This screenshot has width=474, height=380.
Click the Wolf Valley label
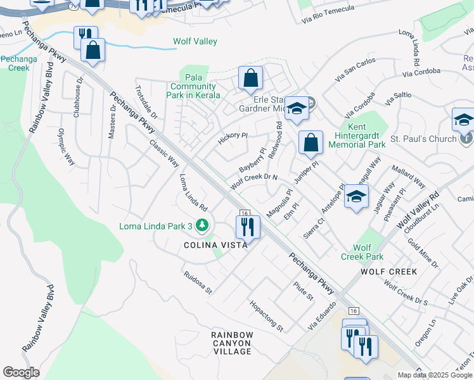point(195,42)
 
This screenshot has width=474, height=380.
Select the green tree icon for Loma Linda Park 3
point(202,225)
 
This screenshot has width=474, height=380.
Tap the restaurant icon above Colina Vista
point(248,227)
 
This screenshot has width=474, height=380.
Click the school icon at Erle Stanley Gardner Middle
point(296,108)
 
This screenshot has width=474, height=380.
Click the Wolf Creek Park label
point(362,252)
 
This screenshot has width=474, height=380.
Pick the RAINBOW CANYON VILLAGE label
point(232,343)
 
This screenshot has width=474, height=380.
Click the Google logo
point(21,372)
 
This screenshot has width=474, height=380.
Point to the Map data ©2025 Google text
point(434,375)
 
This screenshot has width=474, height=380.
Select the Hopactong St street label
point(266,316)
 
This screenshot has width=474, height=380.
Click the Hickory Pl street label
point(233,137)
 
